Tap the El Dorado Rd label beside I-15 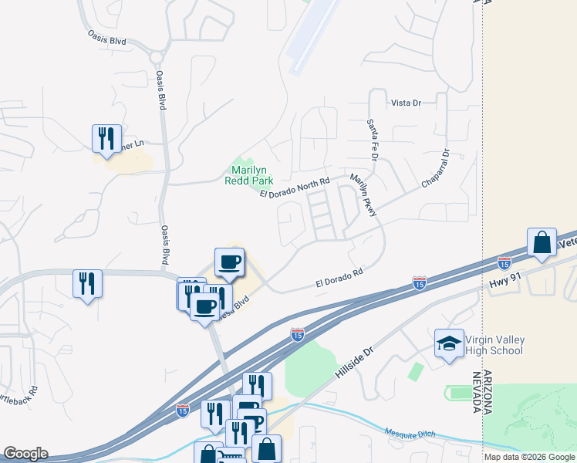[339, 279]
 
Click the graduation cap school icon [450, 344]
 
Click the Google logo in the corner [25, 454]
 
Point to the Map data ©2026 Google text [529, 457]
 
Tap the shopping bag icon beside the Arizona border [542, 242]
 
